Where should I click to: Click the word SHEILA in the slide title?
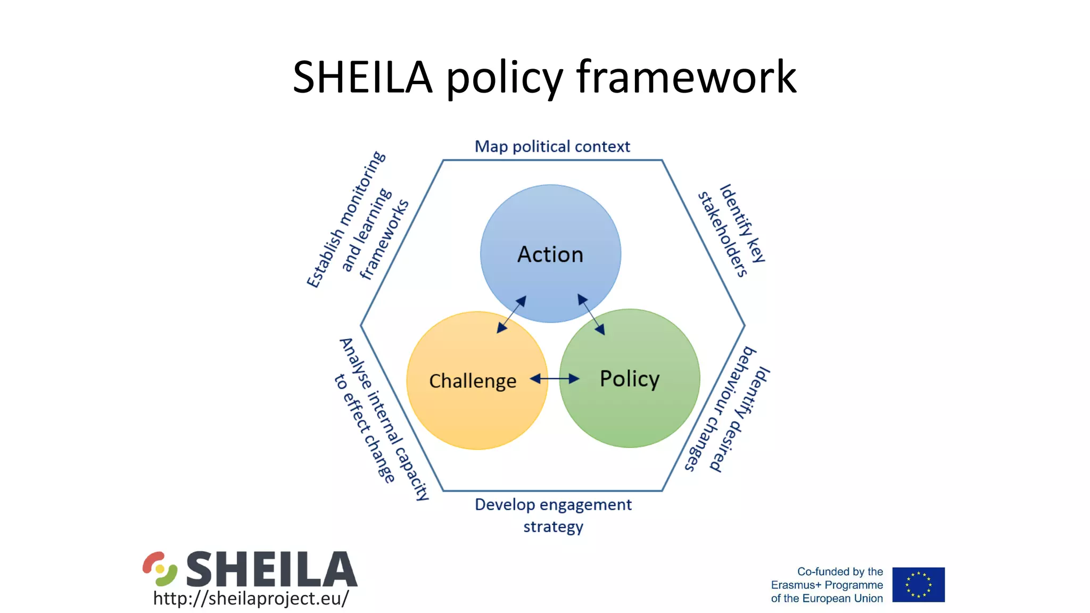click(362, 78)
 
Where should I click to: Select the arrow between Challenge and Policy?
click(554, 379)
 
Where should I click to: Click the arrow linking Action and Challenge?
click(511, 314)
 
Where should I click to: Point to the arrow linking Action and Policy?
click(591, 314)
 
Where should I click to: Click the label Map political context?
click(552, 146)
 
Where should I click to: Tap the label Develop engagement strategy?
click(553, 515)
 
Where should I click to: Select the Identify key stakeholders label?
click(732, 230)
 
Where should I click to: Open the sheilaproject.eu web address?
click(251, 598)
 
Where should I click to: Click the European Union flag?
click(918, 584)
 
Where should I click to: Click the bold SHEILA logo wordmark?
click(271, 569)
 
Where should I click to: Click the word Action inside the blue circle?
click(550, 254)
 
